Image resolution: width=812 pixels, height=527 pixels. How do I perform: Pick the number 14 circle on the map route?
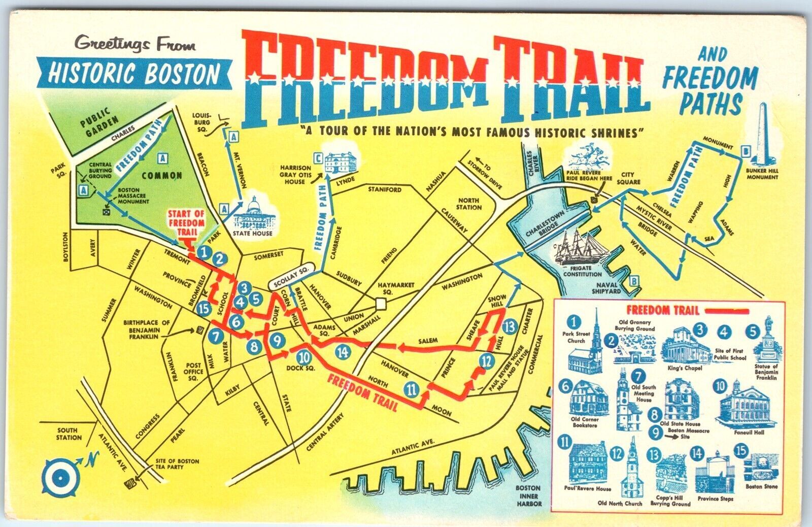pyautogui.click(x=344, y=351)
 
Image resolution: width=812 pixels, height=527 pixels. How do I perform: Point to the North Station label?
pyautogui.click(x=469, y=204)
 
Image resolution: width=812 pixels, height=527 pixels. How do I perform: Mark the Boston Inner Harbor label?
pyautogui.click(x=529, y=496)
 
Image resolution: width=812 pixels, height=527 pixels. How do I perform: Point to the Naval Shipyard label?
pyautogui.click(x=607, y=288)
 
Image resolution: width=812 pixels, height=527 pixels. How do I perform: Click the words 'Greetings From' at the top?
pyautogui.click(x=135, y=44)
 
